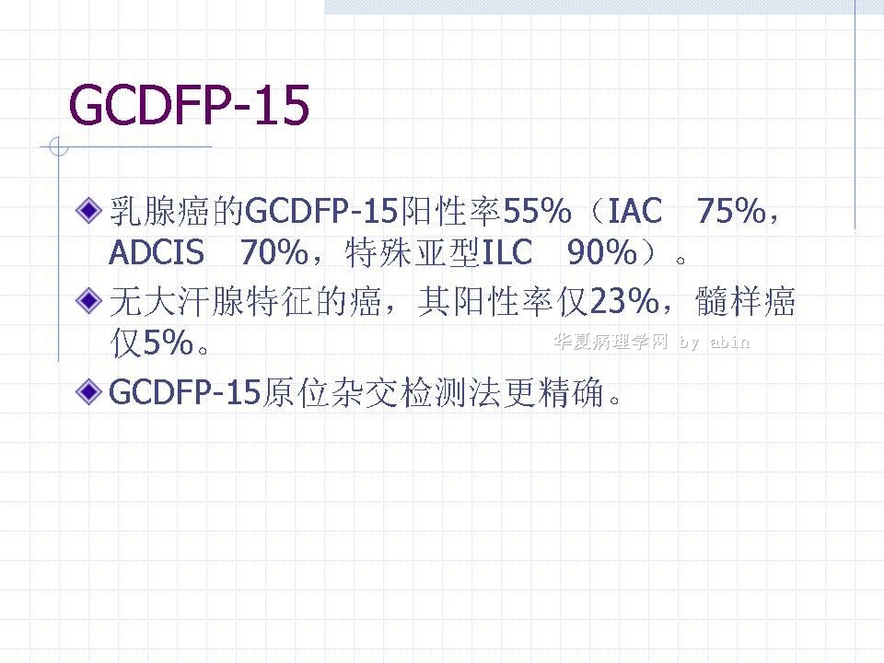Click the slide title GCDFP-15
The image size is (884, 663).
click(x=189, y=105)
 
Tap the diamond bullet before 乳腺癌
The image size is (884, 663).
click(x=88, y=210)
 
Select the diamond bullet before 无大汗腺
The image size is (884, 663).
click(x=88, y=300)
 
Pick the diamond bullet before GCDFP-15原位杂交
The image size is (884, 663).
click(x=88, y=391)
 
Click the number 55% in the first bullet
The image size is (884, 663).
click(x=537, y=211)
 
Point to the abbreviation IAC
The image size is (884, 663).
click(x=634, y=211)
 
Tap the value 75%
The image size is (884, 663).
click(x=731, y=211)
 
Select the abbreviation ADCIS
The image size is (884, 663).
click(x=157, y=252)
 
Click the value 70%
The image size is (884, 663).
click(x=274, y=252)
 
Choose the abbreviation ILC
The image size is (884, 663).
click(x=506, y=252)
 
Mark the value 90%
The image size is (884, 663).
click(x=601, y=252)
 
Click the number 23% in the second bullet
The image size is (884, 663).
click(x=624, y=300)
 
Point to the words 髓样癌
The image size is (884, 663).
click(x=745, y=300)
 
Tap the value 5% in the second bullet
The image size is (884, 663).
click(x=169, y=343)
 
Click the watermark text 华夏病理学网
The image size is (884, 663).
click(x=611, y=341)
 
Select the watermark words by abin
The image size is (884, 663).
click(x=715, y=343)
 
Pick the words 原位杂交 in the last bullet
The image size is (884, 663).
click(x=331, y=392)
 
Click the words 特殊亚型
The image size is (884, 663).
click(x=413, y=252)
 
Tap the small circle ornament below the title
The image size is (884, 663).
click(x=59, y=146)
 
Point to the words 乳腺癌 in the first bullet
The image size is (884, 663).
click(x=159, y=211)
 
